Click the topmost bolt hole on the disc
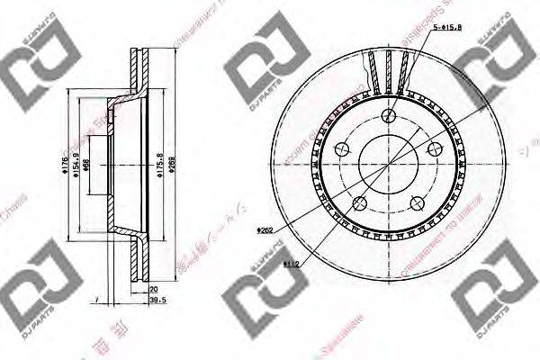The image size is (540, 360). [x=390, y=116]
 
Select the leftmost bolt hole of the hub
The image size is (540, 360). [x=343, y=149]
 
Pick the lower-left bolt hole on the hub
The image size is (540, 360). [x=361, y=203]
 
